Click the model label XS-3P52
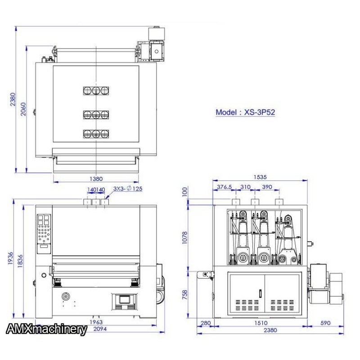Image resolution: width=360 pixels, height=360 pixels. [x=260, y=112]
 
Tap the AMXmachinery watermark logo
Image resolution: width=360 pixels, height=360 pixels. [x=46, y=329]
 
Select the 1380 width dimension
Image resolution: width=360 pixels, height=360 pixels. [x=96, y=179]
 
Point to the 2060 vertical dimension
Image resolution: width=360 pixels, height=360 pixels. [x=23, y=109]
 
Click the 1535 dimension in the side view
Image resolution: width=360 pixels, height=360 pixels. [x=260, y=177]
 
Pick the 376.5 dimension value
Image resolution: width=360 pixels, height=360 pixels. [x=224, y=187]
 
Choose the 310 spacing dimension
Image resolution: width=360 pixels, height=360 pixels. [x=245, y=187]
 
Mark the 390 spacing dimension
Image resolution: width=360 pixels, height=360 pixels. [x=267, y=187]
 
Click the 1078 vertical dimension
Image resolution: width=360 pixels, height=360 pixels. [x=184, y=238]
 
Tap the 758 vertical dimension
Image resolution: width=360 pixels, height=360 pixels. [x=184, y=295]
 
